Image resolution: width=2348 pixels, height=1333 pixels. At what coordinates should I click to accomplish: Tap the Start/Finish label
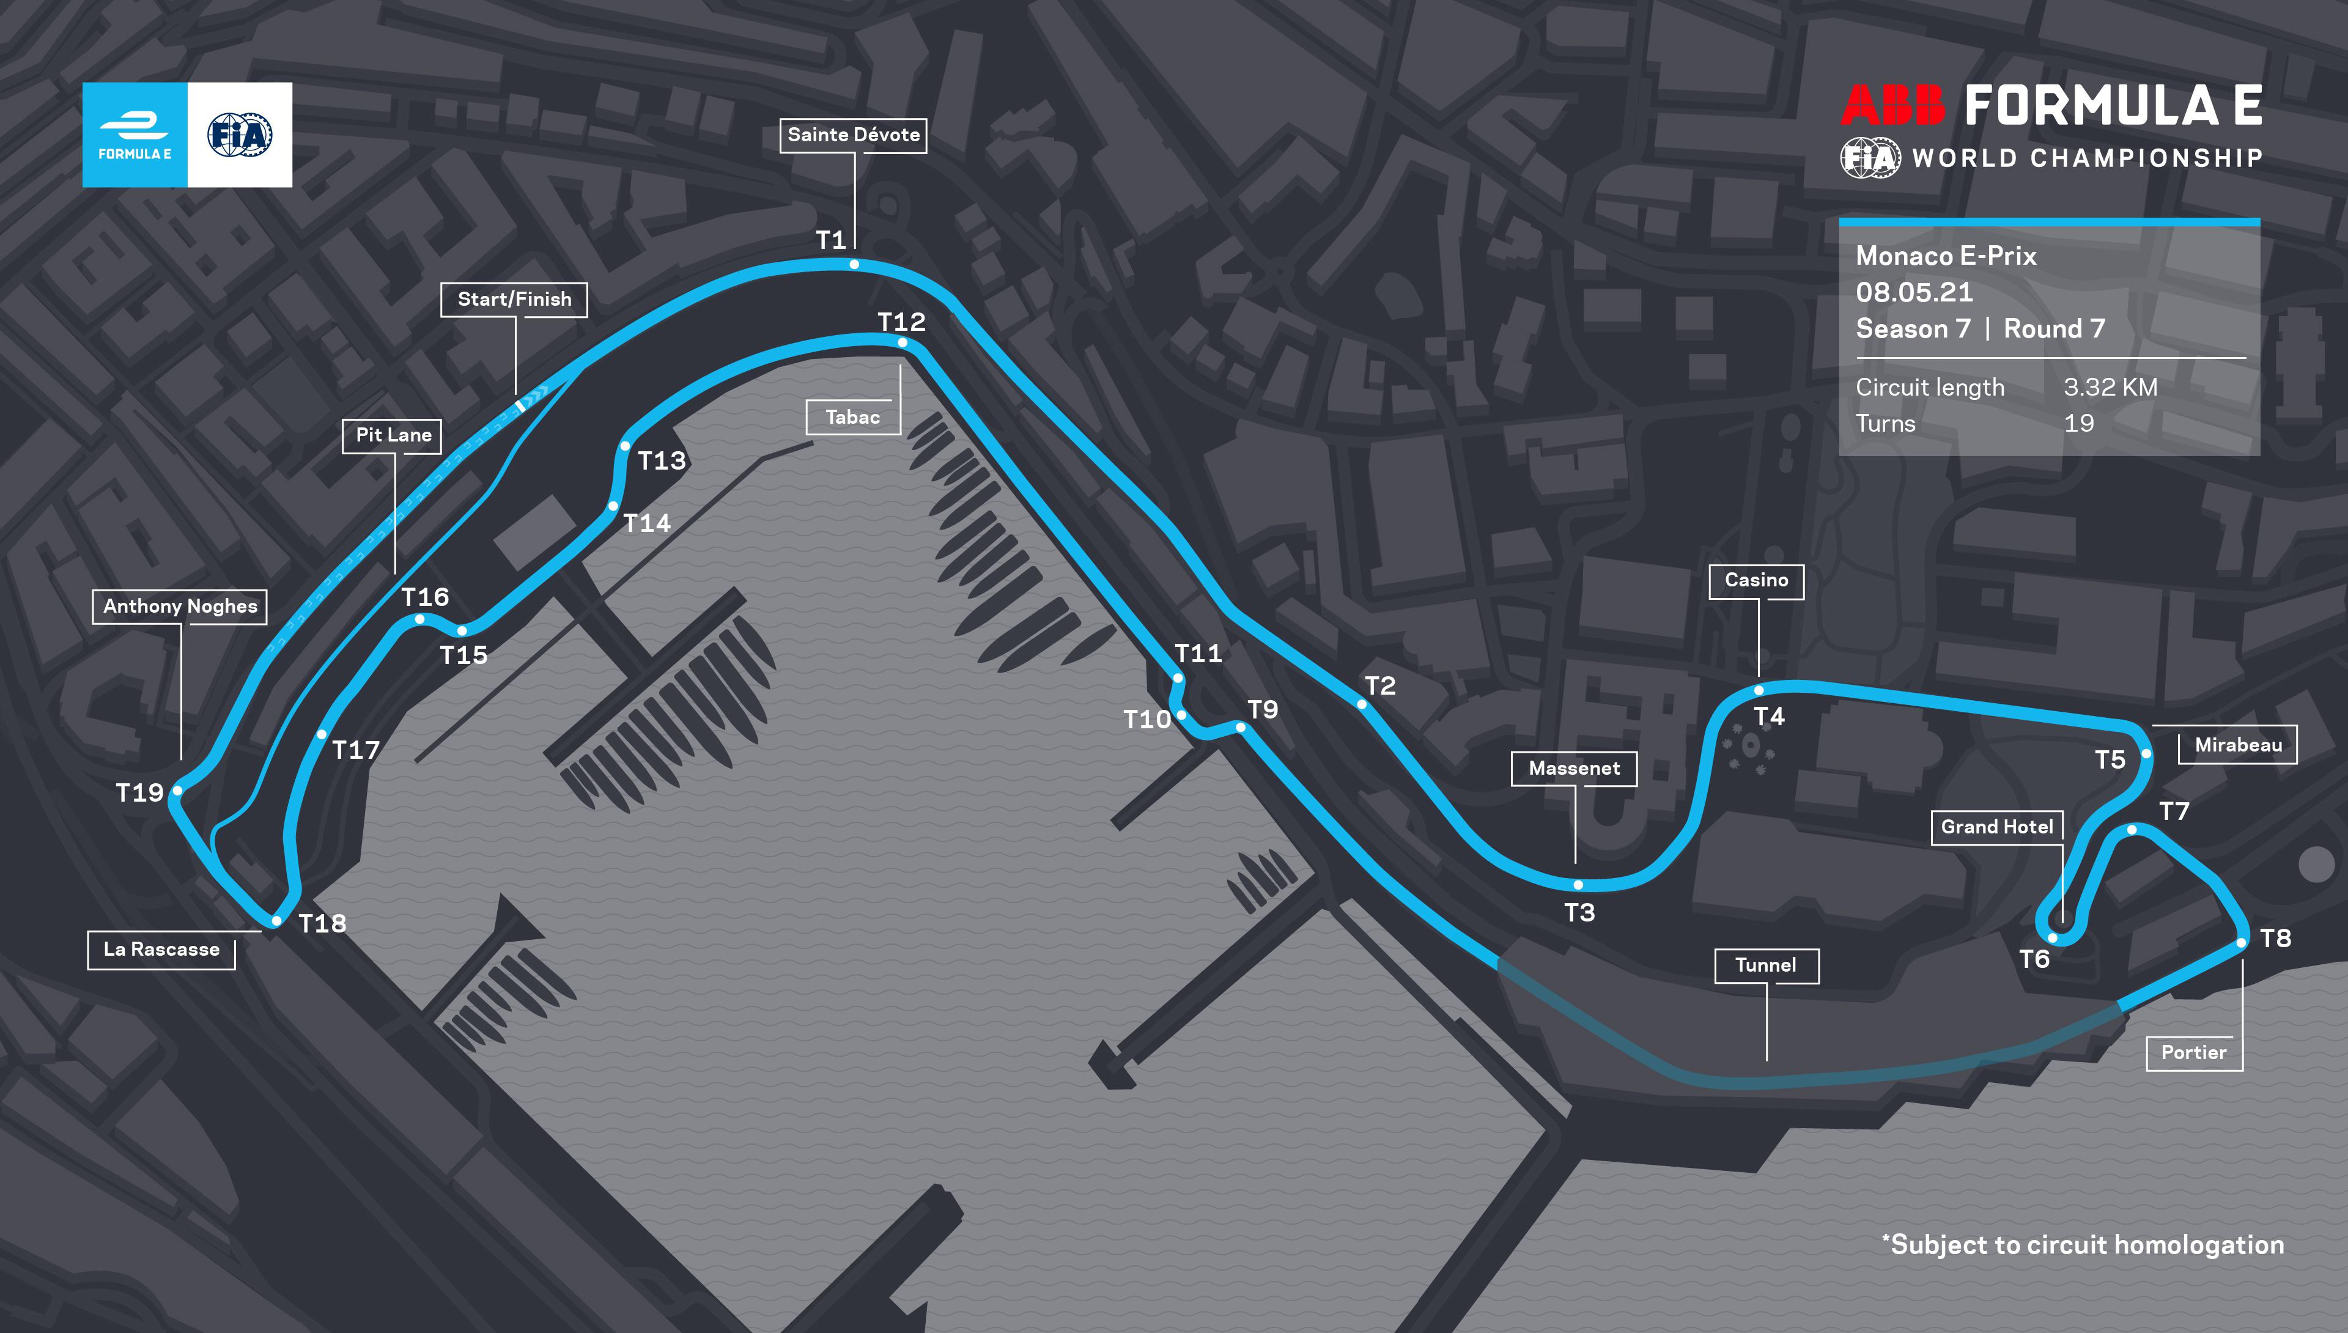(x=514, y=300)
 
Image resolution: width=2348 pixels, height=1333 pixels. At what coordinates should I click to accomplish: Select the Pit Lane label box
(x=394, y=436)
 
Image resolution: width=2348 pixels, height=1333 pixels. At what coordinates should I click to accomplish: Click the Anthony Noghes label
(x=180, y=606)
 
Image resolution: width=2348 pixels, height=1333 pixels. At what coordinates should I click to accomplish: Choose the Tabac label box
(x=852, y=418)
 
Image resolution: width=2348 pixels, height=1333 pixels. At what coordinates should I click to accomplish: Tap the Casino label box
(x=1757, y=580)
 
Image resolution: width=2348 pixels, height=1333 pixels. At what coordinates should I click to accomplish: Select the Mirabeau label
(x=2238, y=745)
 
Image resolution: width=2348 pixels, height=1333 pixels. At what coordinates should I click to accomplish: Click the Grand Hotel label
(x=1996, y=827)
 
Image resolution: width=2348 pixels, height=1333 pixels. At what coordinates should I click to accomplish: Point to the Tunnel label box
(x=1766, y=965)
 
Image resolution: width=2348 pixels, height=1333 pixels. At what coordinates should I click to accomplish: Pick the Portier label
(x=2193, y=1053)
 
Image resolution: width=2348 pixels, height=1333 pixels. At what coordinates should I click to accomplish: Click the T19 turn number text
(x=139, y=793)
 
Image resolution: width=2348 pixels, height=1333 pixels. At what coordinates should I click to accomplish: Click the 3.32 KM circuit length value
(x=2110, y=387)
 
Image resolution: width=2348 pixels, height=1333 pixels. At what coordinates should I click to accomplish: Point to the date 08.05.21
(x=1914, y=292)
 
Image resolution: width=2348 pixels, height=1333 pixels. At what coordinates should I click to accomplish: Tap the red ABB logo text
(x=1892, y=106)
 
